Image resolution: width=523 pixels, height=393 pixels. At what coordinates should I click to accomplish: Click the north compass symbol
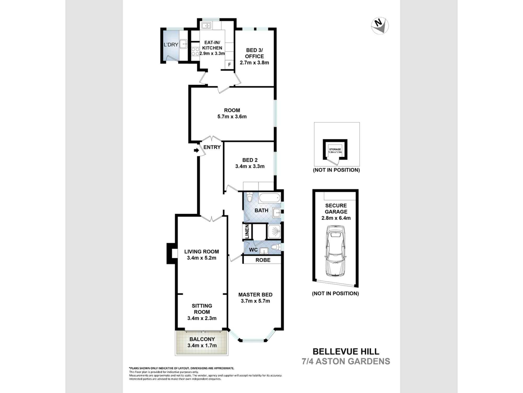pos(380,25)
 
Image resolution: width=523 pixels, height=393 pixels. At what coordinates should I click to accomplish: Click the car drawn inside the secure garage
pos(336,251)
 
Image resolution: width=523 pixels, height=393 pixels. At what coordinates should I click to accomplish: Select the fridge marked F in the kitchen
pos(229,64)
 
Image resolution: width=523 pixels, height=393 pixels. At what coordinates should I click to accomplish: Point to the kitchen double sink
pos(207,26)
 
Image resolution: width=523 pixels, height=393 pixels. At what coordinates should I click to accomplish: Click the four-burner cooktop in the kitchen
pos(195,51)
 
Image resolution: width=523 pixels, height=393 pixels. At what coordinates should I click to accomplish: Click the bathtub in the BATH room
pos(270,198)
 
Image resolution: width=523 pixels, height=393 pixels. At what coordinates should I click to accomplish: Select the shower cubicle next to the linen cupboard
pos(274,231)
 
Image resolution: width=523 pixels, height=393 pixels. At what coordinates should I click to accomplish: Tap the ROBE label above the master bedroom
pos(263,260)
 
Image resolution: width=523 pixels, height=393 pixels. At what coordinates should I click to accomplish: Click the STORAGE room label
pos(335,149)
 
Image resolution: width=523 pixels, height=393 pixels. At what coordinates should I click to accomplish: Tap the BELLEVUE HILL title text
pos(346,351)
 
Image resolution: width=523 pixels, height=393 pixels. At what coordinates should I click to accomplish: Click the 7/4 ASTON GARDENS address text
pos(346,361)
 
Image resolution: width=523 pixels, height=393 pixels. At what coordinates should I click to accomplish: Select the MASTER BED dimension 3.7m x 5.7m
pos(255,301)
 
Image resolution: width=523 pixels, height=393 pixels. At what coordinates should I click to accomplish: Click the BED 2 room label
pos(250,160)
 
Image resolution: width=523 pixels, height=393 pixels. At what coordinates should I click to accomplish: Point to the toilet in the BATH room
pos(249,197)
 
